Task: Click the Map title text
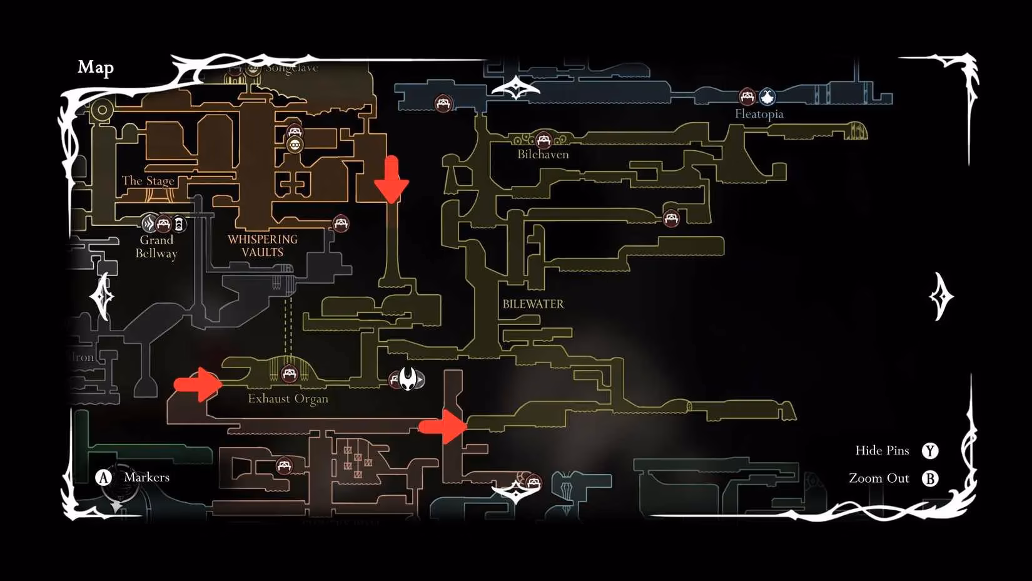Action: [x=96, y=67]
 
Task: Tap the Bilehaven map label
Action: [x=543, y=155]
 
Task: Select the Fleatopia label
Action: [x=759, y=114]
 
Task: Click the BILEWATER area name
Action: [x=533, y=304]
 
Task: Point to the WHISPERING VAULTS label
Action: [x=263, y=245]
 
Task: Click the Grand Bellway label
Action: [x=156, y=247]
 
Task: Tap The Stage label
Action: [x=148, y=181]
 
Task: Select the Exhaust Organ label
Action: [x=288, y=399]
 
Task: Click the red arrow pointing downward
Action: [x=392, y=180]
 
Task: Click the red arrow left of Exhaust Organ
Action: [x=198, y=384]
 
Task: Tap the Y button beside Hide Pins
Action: [x=930, y=451]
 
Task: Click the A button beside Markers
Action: [x=103, y=478]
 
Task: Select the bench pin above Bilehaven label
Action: [x=543, y=140]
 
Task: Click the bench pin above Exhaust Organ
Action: [x=289, y=374]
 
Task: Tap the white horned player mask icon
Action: [x=408, y=379]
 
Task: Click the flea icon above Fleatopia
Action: [x=767, y=96]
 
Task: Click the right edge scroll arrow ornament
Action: [x=941, y=296]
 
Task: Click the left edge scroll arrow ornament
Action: [x=102, y=296]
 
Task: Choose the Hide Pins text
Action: [x=882, y=451]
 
